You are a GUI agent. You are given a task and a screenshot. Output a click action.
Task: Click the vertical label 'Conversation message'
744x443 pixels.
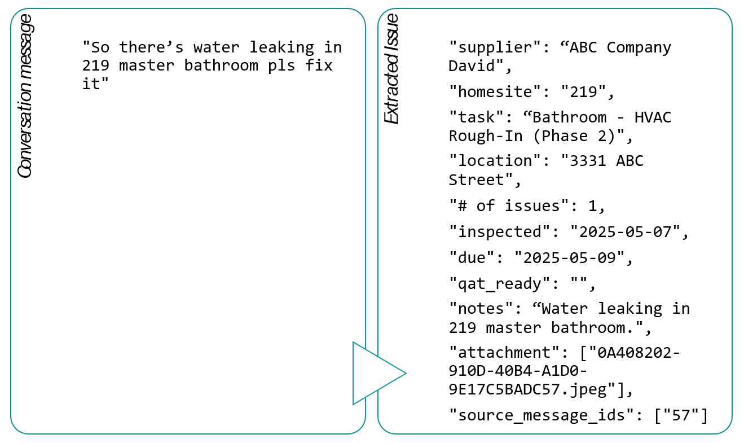click(25, 96)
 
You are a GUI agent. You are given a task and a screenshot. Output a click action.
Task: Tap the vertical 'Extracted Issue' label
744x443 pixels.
click(391, 69)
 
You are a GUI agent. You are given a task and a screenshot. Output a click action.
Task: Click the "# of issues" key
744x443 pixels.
click(508, 206)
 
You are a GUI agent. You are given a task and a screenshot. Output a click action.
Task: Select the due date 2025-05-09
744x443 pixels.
click(570, 258)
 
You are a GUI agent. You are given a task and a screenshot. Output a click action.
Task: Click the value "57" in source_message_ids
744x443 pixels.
click(681, 416)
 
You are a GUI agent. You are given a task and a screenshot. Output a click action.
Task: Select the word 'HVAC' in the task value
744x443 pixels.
click(653, 117)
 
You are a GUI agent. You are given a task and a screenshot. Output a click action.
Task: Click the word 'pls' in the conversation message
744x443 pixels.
click(282, 65)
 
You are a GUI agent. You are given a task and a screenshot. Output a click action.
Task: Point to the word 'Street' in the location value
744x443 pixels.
click(476, 180)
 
